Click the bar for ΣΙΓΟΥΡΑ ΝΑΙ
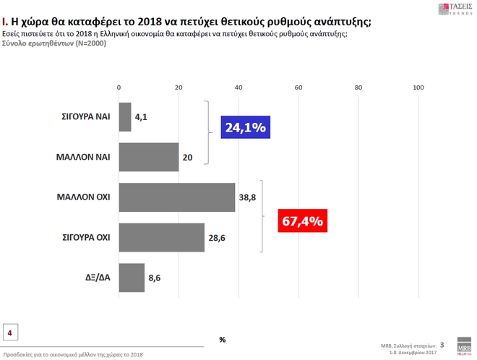(x=125, y=116)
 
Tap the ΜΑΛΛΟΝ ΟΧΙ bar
(x=177, y=197)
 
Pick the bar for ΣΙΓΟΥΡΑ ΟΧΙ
(x=162, y=237)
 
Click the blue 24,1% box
(x=246, y=128)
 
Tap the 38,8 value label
(x=248, y=197)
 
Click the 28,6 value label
(x=217, y=238)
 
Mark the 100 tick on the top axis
(x=417, y=87)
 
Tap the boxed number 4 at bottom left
(x=10, y=332)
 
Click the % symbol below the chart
(x=223, y=338)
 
